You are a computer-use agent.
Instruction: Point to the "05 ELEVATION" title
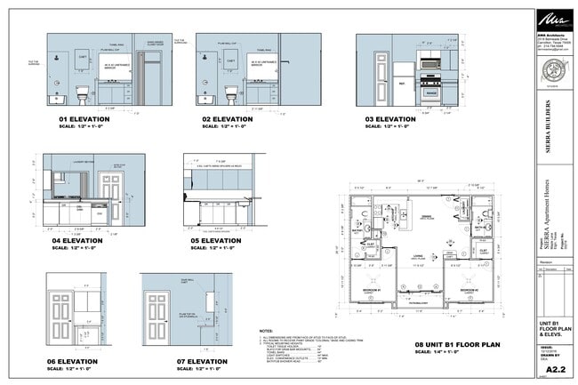click(x=216, y=241)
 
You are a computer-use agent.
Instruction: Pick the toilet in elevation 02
click(x=231, y=92)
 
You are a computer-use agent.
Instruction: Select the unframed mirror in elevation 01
click(x=115, y=65)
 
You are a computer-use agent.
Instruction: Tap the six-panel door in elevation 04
click(x=111, y=197)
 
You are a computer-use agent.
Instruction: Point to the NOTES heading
click(x=266, y=331)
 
